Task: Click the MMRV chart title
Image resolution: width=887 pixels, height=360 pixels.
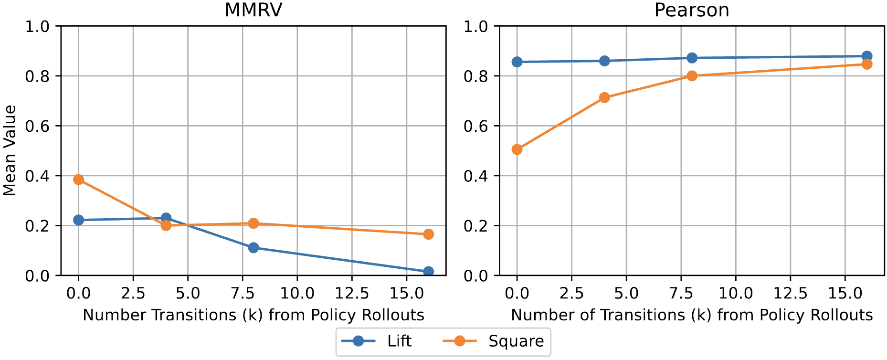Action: click(x=253, y=10)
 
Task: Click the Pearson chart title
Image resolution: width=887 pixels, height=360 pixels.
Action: click(x=691, y=10)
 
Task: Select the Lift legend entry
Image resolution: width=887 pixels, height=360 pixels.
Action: click(x=377, y=341)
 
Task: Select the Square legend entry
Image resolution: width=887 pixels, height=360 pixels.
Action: click(x=494, y=341)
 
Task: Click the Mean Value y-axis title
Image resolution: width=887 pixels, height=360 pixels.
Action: click(x=10, y=150)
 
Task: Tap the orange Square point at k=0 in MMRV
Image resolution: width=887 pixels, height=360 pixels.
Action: click(x=78, y=180)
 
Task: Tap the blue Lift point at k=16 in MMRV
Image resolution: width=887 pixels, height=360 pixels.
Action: click(x=428, y=272)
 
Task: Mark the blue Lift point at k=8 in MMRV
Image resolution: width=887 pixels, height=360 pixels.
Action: click(x=253, y=247)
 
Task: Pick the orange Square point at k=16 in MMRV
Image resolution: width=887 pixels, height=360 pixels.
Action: click(x=428, y=234)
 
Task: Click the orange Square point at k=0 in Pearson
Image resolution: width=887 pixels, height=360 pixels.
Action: click(x=517, y=149)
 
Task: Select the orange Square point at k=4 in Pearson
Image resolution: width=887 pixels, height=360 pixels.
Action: click(x=604, y=97)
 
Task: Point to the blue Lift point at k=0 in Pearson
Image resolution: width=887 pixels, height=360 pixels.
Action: click(x=517, y=62)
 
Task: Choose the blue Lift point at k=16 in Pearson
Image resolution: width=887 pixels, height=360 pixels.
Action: click(x=867, y=56)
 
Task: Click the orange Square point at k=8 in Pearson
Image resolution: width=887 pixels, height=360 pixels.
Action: click(x=692, y=75)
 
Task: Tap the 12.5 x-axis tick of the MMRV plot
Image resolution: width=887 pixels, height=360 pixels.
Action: click(x=352, y=293)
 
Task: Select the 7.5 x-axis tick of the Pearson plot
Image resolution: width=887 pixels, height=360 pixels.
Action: click(x=681, y=293)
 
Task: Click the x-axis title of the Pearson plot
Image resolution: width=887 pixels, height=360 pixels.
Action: click(x=691, y=315)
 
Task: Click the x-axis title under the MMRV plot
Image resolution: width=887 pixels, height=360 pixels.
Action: click(x=253, y=315)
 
